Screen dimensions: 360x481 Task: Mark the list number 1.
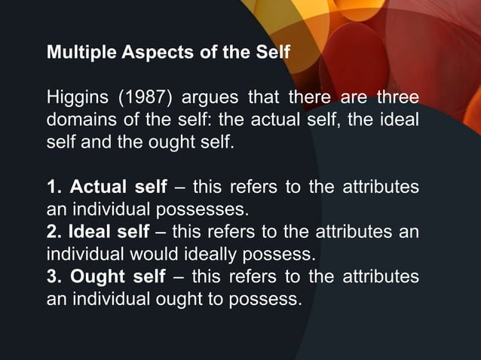tap(53, 187)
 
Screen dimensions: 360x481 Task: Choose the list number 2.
tap(52, 230)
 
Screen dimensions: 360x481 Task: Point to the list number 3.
tap(53, 275)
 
